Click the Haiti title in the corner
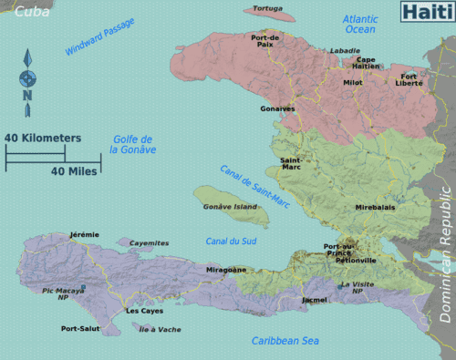click(426, 12)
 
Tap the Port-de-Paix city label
click(265, 40)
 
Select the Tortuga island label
click(267, 9)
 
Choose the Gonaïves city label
click(277, 108)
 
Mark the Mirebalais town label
click(376, 207)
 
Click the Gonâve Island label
click(230, 206)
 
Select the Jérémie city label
click(84, 234)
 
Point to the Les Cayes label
click(144, 311)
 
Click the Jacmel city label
click(315, 299)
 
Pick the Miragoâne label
click(225, 270)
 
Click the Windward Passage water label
click(100, 38)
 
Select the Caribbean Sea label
click(285, 341)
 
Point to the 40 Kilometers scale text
click(42, 138)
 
